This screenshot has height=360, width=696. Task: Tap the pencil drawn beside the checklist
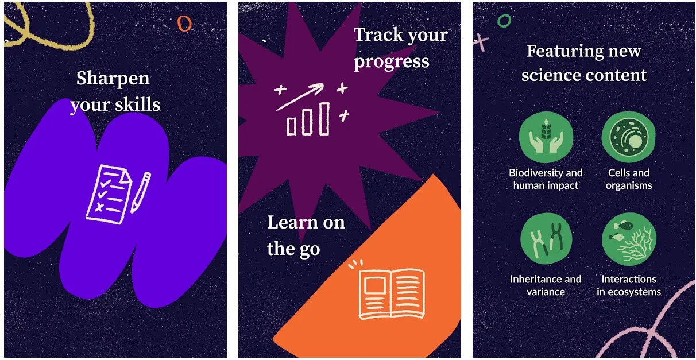tap(141, 192)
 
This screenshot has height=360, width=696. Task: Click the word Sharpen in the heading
tap(113, 79)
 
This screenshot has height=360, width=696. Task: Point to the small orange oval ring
tap(184, 24)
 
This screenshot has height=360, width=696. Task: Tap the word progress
tap(391, 61)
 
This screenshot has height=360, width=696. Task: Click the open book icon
tap(392, 293)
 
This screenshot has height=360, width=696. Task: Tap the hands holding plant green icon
tap(546, 138)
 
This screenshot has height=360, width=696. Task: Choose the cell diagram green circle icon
tap(628, 138)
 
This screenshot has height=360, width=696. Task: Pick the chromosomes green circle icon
tap(546, 239)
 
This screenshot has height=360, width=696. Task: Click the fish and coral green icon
tap(628, 239)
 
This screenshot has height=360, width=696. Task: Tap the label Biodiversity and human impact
tap(546, 179)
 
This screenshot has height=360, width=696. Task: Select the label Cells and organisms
tap(629, 179)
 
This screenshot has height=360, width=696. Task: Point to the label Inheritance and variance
tap(546, 285)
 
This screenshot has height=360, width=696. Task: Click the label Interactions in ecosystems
tap(628, 285)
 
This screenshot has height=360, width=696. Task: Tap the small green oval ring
tap(504, 21)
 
